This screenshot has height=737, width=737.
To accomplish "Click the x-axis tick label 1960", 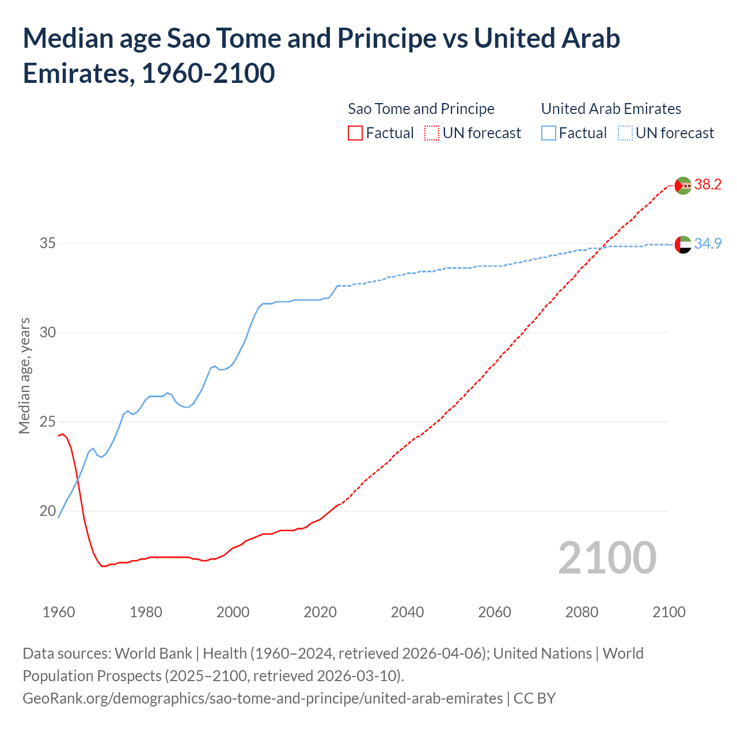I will (x=59, y=612).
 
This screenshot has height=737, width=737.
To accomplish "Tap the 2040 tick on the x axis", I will (x=407, y=612).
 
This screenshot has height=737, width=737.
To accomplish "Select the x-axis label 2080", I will (x=582, y=612).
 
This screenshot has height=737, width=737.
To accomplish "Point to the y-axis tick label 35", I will (x=48, y=243).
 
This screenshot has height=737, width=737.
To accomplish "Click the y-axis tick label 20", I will (x=48, y=511).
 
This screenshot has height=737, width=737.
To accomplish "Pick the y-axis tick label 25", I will (x=48, y=421).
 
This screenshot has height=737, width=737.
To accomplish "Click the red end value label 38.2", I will (x=708, y=184).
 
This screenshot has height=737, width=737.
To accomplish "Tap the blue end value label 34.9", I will (x=708, y=244).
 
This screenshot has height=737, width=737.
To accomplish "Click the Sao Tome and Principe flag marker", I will (x=683, y=185).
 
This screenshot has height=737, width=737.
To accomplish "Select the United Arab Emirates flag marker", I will (x=683, y=245).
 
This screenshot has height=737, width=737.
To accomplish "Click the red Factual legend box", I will (x=355, y=133).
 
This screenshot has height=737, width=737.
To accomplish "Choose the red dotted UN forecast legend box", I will (x=432, y=133).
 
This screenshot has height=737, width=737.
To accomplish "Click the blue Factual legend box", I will (x=549, y=133).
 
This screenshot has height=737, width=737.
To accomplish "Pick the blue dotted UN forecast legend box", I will (x=625, y=133).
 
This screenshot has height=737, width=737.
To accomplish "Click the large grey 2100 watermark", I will (x=607, y=557).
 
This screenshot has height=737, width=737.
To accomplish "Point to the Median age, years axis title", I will (x=24, y=375).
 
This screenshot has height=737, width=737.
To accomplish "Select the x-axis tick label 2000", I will (x=233, y=612).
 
